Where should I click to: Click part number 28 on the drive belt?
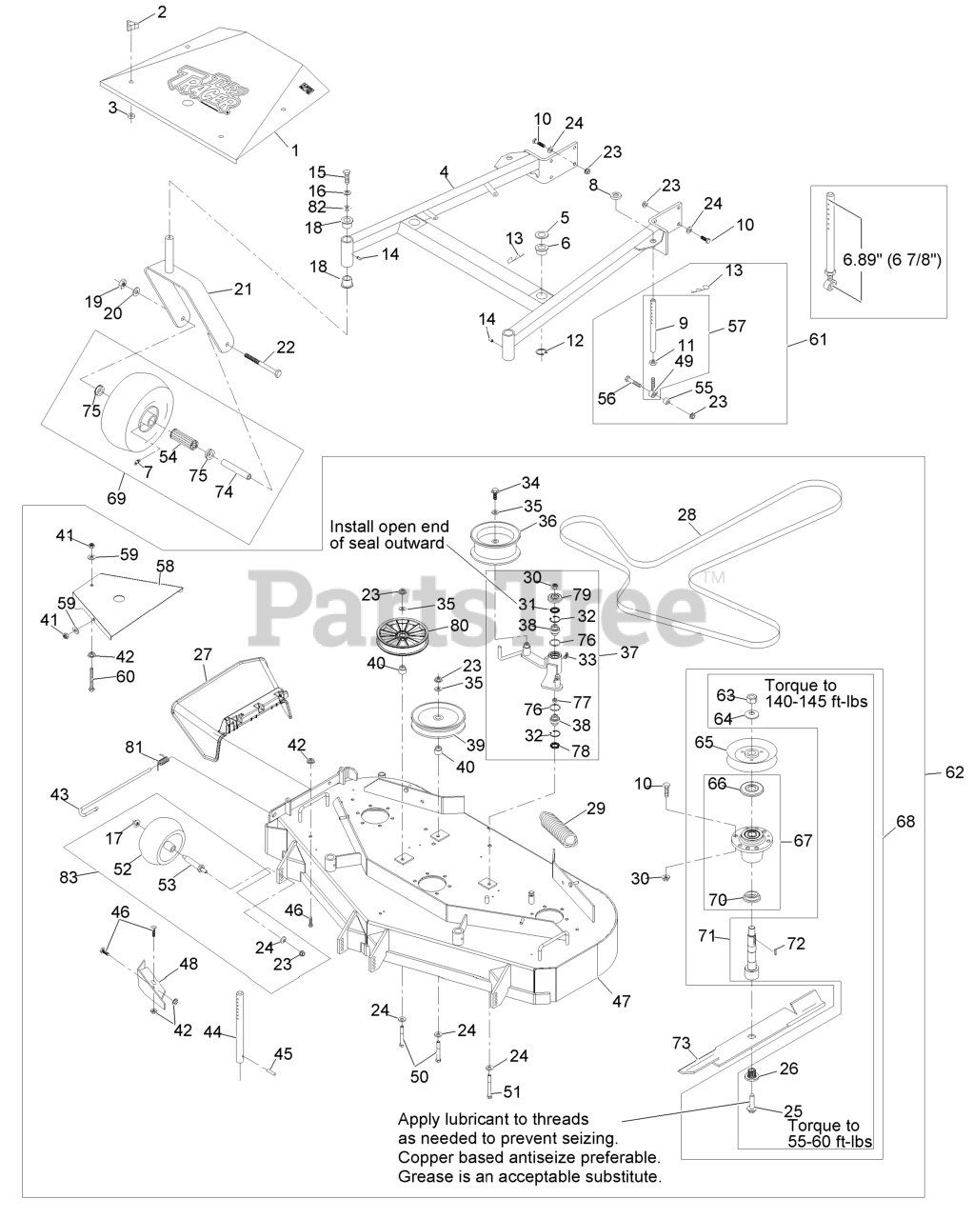click(687, 515)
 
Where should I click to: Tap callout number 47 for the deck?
click(622, 1001)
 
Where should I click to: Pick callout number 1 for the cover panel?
click(293, 150)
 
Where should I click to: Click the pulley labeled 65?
click(751, 754)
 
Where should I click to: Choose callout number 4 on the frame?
click(444, 171)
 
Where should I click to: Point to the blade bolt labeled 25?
click(750, 1108)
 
